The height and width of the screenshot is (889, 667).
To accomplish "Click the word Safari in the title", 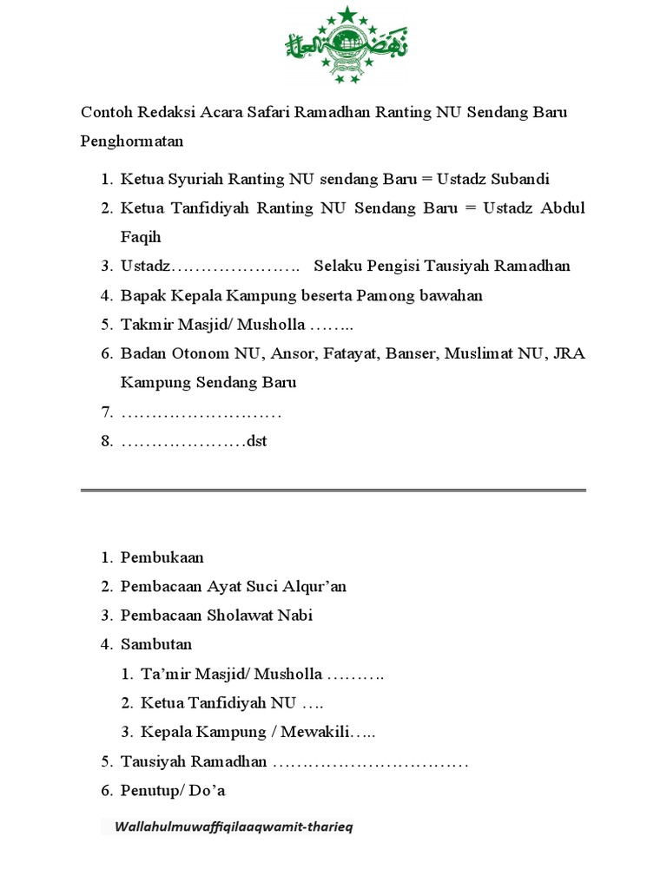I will [x=260, y=114].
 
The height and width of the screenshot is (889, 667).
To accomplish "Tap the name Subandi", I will [x=521, y=180].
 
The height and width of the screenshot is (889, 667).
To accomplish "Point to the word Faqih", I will [x=141, y=237].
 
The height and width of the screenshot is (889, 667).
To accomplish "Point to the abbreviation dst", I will [x=257, y=441].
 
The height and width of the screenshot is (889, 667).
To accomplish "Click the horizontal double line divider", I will [x=333, y=491].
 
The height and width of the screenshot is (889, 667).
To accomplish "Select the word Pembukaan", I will [x=162, y=557].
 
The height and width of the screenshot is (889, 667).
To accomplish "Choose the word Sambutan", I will [x=156, y=644].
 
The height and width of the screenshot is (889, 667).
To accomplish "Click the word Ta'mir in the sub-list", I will [x=164, y=674].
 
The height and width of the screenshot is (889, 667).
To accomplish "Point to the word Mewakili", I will [x=317, y=733].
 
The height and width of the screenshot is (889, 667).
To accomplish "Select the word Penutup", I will [x=147, y=791].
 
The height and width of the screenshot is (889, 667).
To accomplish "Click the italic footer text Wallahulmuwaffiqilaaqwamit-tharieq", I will [x=234, y=827].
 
